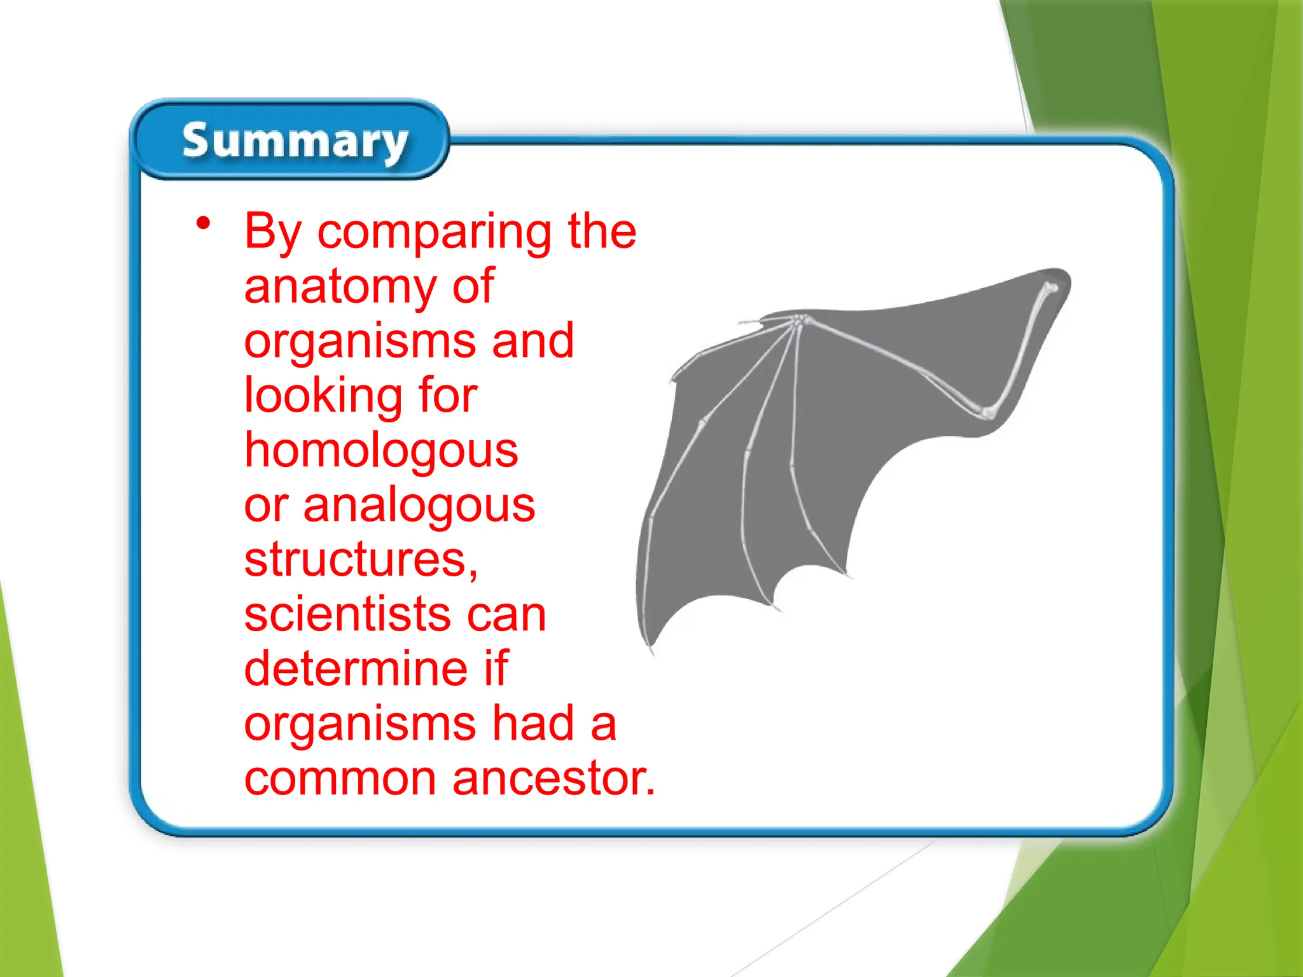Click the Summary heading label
295,141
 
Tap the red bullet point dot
203,223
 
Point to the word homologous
381,450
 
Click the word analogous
419,506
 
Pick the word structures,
361,560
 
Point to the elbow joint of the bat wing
987,413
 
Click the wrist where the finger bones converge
798,321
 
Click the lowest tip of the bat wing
651,652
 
